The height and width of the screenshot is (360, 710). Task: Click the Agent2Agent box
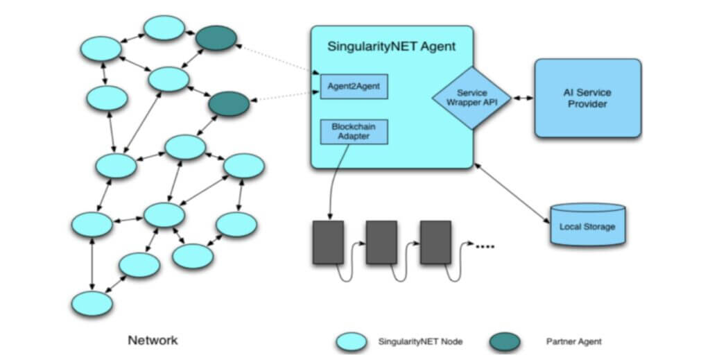354,87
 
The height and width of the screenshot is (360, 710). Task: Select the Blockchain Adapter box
354,132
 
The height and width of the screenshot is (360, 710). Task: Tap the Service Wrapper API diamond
471,98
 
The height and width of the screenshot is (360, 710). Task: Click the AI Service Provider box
587,98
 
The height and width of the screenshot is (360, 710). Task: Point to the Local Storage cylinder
587,225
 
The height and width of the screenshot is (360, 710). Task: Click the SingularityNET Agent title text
392,47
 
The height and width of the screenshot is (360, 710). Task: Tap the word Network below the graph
153,340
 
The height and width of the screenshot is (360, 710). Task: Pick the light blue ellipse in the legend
352,341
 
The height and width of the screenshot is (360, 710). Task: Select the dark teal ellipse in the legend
504,341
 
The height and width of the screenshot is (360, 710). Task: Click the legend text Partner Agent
573,341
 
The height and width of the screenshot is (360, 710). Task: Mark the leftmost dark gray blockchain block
328,242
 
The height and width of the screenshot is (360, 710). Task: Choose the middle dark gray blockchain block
381,242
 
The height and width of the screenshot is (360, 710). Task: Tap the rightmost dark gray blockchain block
435,242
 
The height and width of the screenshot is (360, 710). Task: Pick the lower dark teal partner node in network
229,104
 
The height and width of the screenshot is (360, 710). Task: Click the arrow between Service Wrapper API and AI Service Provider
522,98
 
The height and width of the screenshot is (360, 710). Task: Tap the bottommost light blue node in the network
92,304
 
